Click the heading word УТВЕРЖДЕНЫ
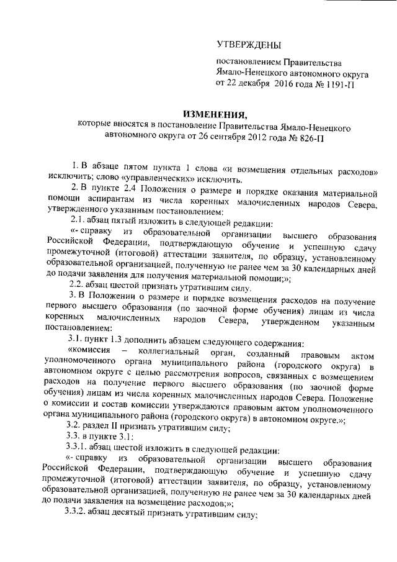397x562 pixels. point(248,45)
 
